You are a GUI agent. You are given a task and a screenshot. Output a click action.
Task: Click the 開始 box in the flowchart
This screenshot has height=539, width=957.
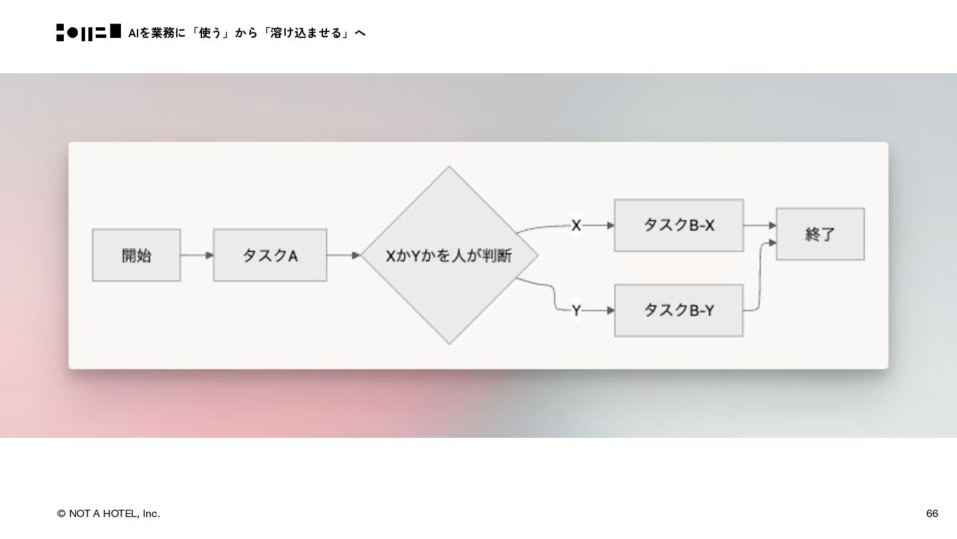point(136,256)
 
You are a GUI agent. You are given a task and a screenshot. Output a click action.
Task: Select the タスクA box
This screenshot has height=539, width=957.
point(270,256)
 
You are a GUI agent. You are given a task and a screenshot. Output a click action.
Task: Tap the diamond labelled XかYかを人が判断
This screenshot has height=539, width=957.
point(449,256)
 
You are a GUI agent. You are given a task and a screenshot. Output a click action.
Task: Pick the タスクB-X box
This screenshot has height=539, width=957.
point(679,226)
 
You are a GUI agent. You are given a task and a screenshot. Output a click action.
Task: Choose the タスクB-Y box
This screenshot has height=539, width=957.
point(679,310)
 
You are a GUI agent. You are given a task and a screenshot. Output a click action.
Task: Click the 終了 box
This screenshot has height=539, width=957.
point(820,234)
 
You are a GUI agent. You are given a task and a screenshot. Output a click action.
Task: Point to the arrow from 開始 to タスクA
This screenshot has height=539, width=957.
point(197,256)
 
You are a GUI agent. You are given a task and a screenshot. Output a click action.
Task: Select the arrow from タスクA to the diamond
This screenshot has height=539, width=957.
point(343,256)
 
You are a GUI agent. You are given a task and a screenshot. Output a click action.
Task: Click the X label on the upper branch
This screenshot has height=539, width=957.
point(576,226)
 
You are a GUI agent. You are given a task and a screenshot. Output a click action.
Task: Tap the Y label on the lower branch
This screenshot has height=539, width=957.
point(576,311)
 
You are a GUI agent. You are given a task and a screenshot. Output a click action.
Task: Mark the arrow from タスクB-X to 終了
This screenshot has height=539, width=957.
point(760,226)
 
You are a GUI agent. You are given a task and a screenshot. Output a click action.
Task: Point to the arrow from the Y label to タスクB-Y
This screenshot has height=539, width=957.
point(599,311)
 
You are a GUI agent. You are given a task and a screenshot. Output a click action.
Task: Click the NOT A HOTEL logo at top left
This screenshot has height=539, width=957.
point(88,33)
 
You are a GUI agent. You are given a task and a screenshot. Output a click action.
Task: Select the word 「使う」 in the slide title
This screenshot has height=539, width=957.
point(210,33)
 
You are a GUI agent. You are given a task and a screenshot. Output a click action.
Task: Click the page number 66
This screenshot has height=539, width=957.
point(932,514)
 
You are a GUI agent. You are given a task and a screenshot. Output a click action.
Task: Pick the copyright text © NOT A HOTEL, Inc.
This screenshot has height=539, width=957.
point(108,514)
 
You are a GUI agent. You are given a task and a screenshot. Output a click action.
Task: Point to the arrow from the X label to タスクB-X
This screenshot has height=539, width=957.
point(599,226)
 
